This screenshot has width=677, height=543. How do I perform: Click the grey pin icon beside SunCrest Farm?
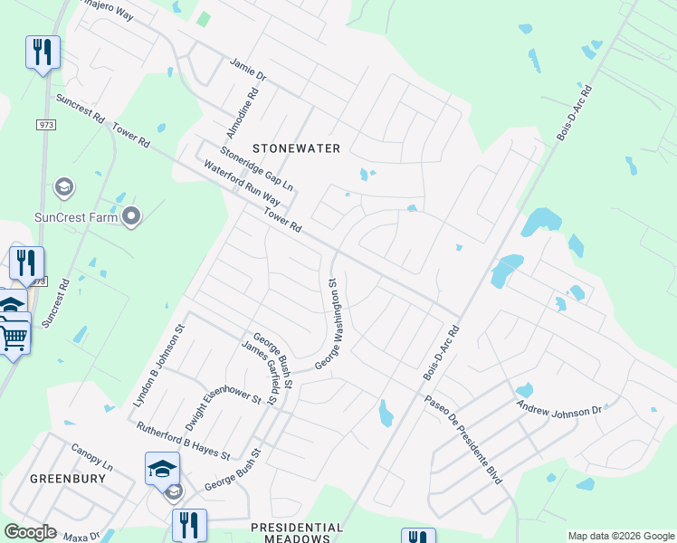132,216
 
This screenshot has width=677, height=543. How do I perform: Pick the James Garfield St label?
267,370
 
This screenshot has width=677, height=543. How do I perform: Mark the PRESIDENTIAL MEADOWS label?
297,533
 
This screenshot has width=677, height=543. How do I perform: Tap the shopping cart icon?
14,338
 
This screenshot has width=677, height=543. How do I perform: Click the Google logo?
30,532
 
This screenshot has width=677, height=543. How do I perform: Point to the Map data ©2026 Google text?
621,536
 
